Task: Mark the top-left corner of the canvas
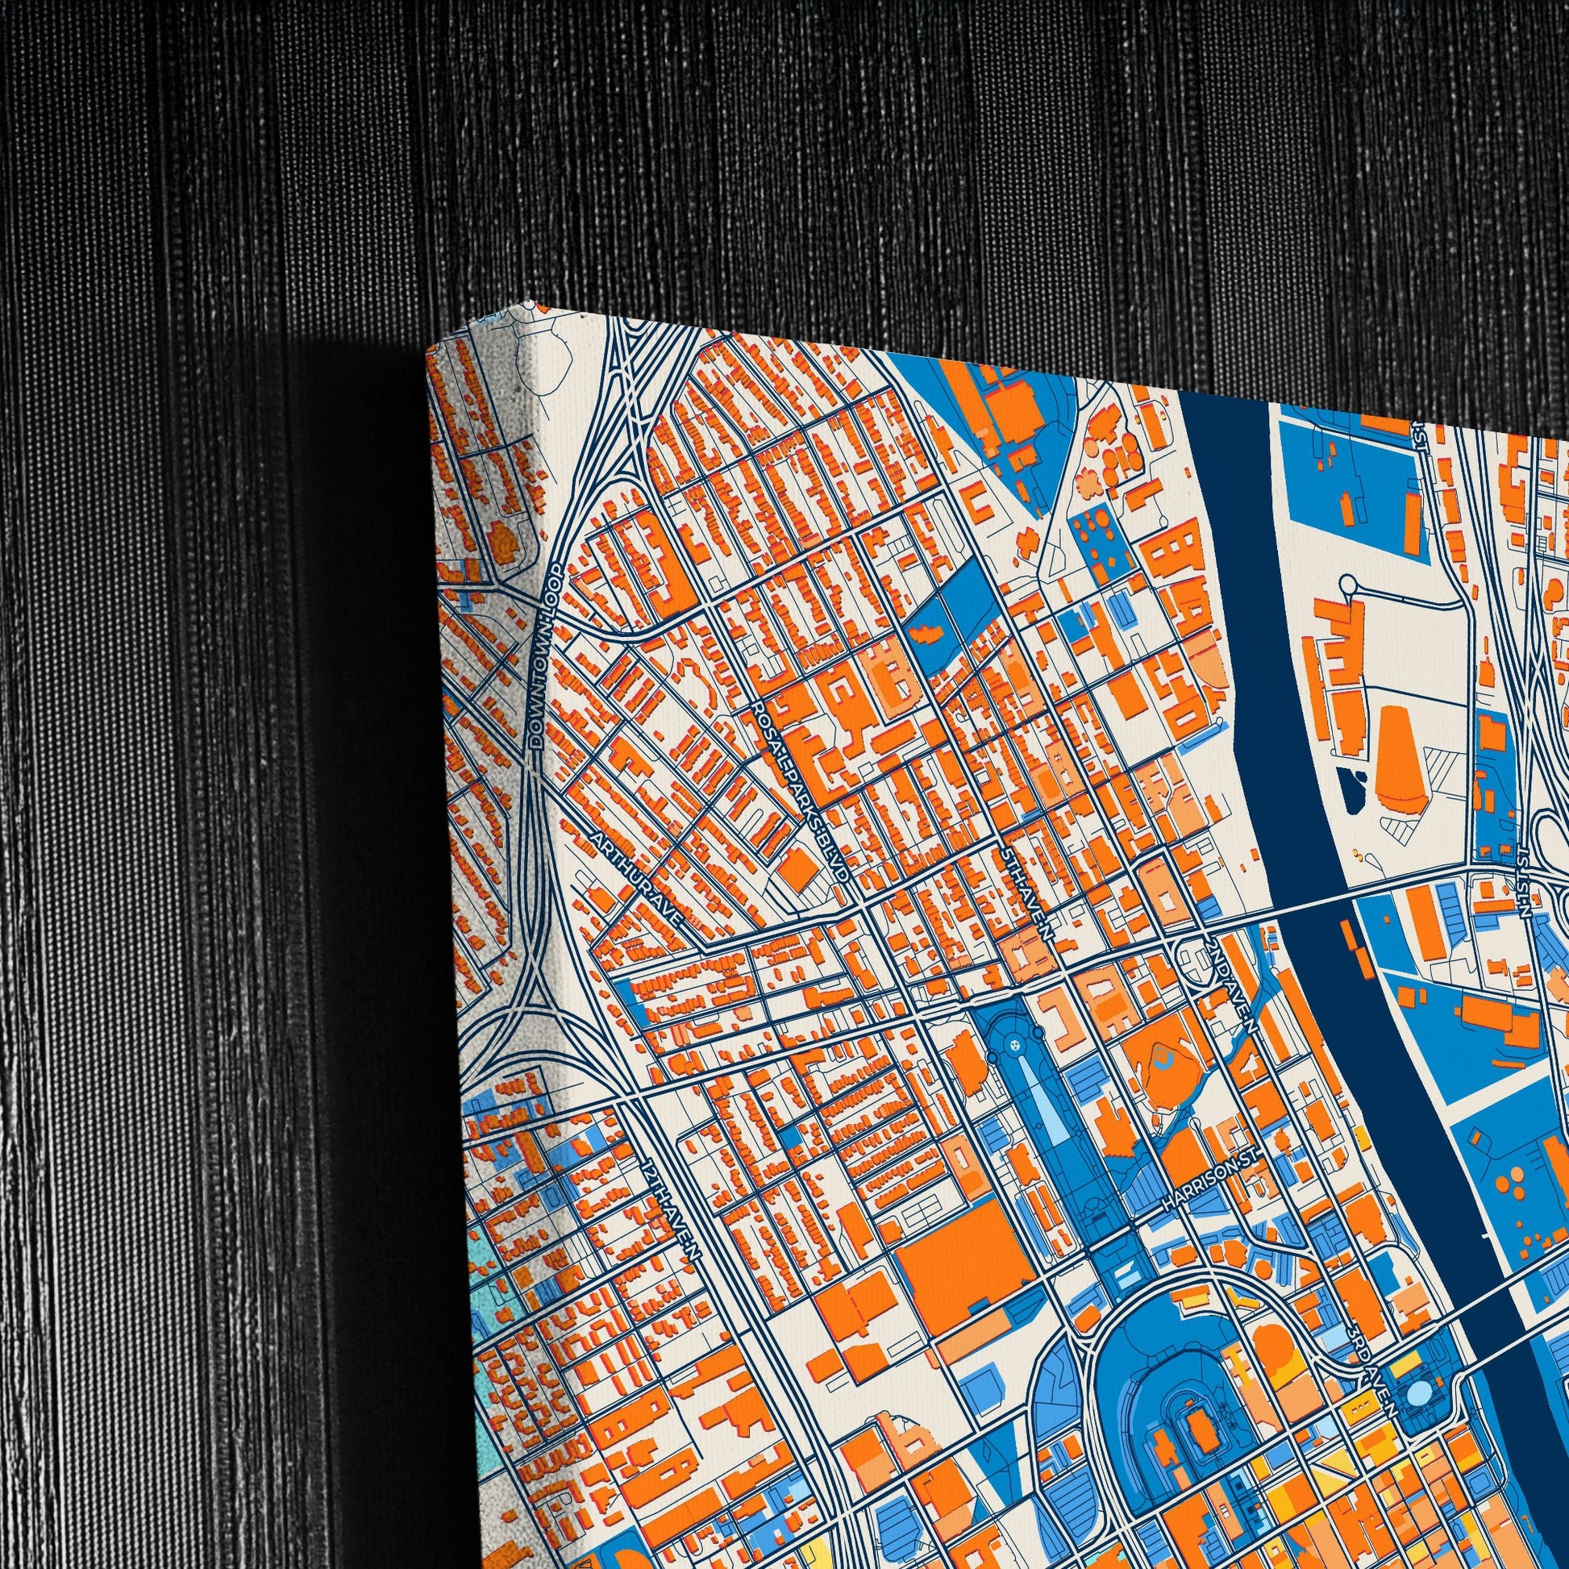coord(427,348)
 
